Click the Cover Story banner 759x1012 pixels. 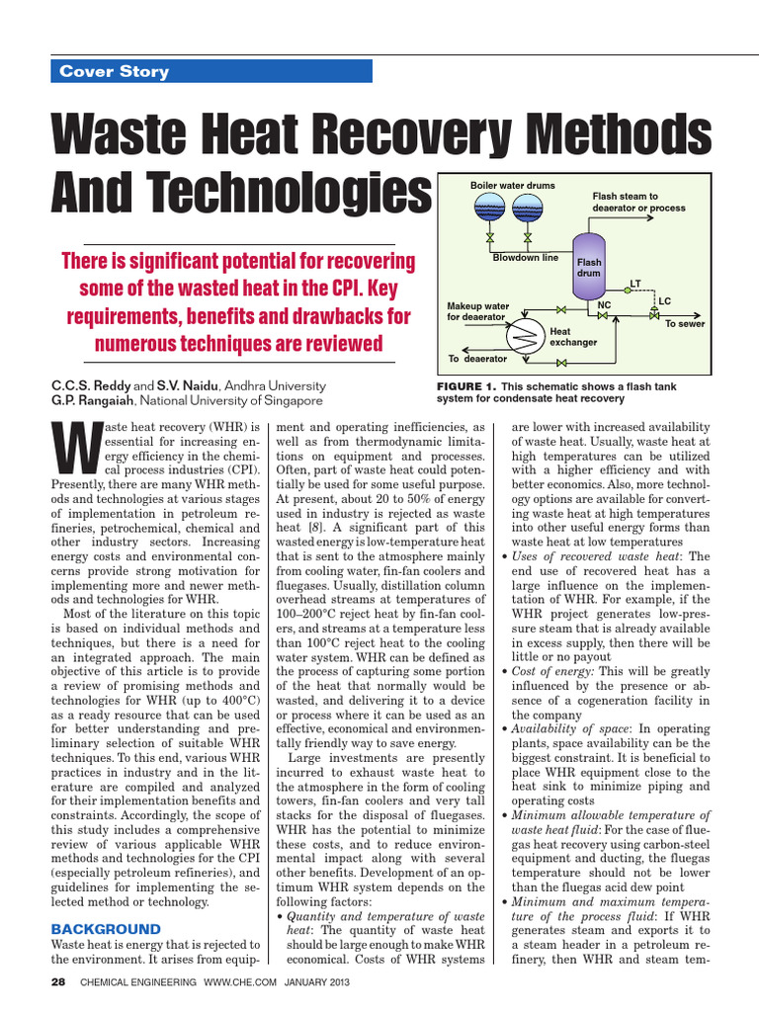(211, 71)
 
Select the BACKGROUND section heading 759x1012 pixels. (106, 929)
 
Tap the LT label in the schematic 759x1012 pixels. (635, 284)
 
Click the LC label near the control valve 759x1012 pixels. (664, 300)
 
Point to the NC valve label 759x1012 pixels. (605, 306)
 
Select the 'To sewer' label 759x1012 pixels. (684, 323)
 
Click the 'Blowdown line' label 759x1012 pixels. (525, 258)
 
